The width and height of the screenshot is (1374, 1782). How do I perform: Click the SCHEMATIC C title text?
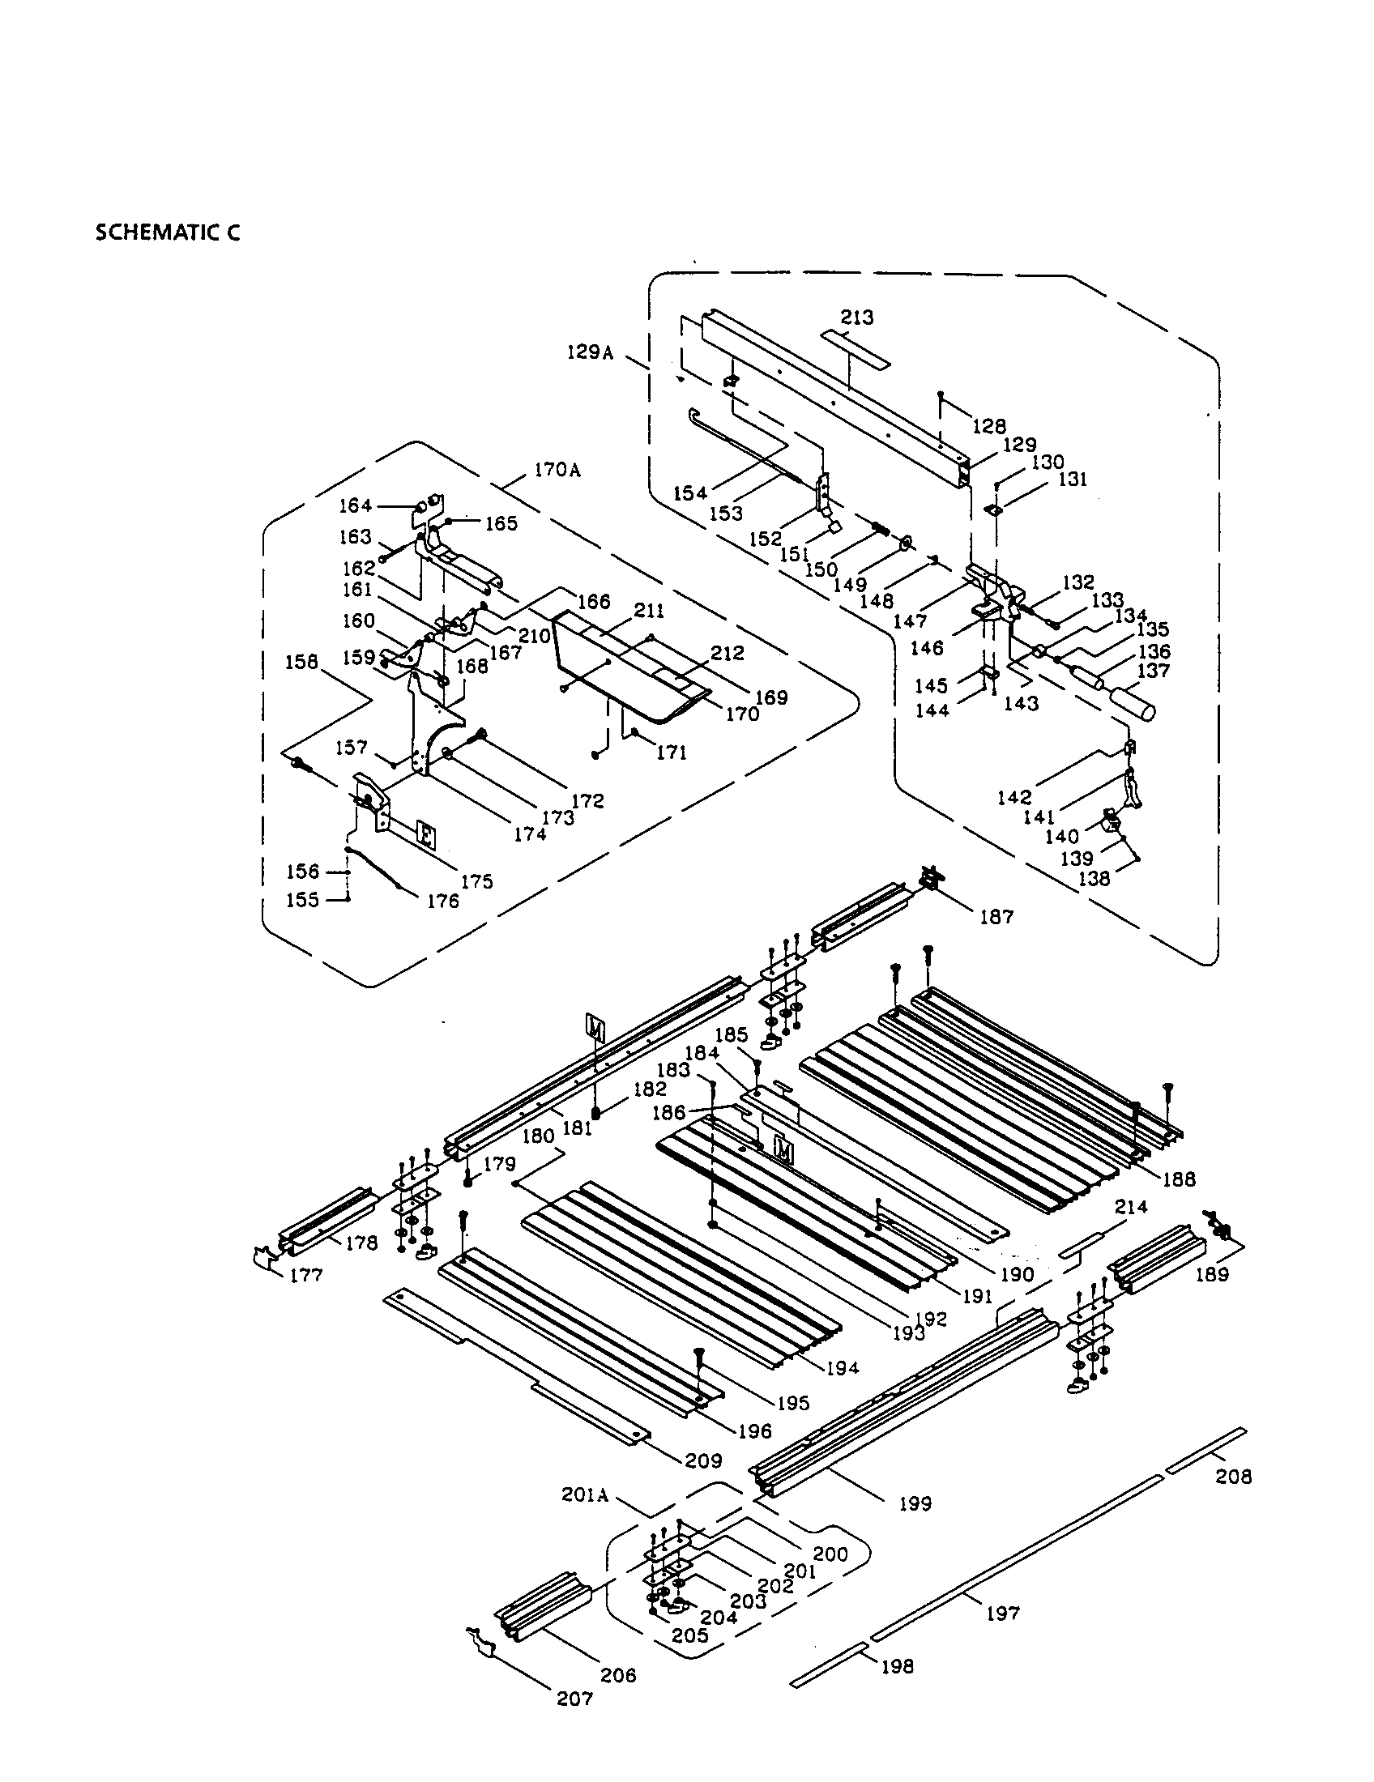pyautogui.click(x=168, y=232)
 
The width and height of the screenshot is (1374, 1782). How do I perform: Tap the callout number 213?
pyautogui.click(x=856, y=318)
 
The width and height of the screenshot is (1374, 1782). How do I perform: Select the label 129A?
pyautogui.click(x=590, y=352)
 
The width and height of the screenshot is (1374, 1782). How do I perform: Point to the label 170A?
pyautogui.click(x=557, y=471)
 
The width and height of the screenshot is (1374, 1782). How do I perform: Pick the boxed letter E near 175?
pyautogui.click(x=425, y=833)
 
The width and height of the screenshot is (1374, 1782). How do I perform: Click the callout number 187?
pyautogui.click(x=996, y=916)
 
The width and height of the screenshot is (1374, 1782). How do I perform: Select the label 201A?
pyautogui.click(x=585, y=1494)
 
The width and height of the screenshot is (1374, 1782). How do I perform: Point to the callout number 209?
pyautogui.click(x=703, y=1460)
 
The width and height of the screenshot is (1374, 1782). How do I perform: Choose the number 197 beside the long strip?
pyautogui.click(x=1003, y=1613)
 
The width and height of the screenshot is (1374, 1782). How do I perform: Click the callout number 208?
pyautogui.click(x=1233, y=1477)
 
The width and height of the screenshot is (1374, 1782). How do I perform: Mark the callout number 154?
pyautogui.click(x=690, y=492)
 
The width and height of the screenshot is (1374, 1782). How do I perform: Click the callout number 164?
pyautogui.click(x=356, y=506)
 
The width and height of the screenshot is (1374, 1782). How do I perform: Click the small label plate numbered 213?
pyautogui.click(x=855, y=348)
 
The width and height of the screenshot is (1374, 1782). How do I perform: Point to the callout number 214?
pyautogui.click(x=1131, y=1206)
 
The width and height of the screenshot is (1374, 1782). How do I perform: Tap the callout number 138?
pyautogui.click(x=1095, y=879)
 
